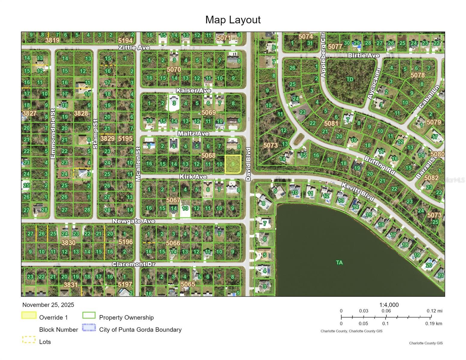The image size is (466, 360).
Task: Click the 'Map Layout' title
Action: coord(233,20)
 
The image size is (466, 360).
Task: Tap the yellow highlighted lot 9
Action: coord(233,164)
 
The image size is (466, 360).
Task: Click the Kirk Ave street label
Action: coord(193,177)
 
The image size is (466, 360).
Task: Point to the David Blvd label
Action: coord(248,164)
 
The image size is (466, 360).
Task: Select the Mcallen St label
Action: coord(138,164)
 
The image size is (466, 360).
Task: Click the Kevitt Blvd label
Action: coord(358,192)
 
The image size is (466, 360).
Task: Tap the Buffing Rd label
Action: coord(379,165)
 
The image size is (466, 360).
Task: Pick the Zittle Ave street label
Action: coord(134,47)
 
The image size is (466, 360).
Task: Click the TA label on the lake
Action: coord(339,262)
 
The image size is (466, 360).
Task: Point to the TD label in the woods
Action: coord(350,79)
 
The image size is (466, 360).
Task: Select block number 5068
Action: coord(208,155)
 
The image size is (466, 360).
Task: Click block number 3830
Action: coord(68,242)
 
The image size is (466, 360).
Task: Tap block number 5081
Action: coord(331,123)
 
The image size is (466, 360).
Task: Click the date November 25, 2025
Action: coord(48,305)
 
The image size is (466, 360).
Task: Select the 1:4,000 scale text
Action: coord(389,305)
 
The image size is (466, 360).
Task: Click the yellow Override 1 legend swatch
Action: coord(29,316)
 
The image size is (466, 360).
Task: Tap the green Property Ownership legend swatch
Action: coord(89,316)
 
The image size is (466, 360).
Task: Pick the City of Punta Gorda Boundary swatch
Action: coord(89,328)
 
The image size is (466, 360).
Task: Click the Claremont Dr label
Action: coord(134,264)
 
